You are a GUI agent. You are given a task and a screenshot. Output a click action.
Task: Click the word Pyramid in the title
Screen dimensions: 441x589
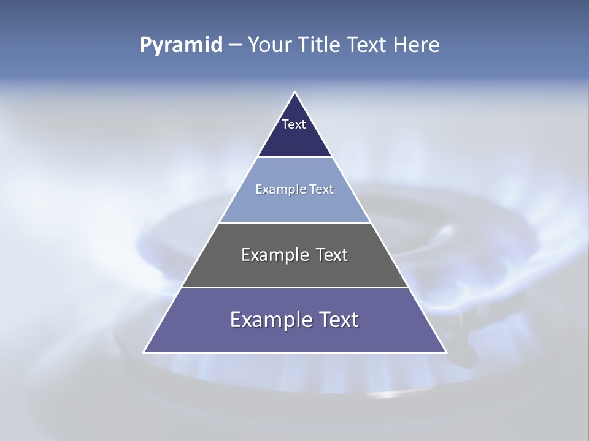click(180, 45)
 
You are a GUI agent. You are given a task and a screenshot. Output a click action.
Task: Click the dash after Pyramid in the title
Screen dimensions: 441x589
click(234, 45)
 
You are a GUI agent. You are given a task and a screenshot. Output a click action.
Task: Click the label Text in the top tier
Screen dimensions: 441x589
click(294, 124)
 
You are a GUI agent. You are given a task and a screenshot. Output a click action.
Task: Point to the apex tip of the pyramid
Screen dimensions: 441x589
click(294, 93)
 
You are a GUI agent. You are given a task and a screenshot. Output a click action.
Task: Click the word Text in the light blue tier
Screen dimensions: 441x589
click(321, 190)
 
